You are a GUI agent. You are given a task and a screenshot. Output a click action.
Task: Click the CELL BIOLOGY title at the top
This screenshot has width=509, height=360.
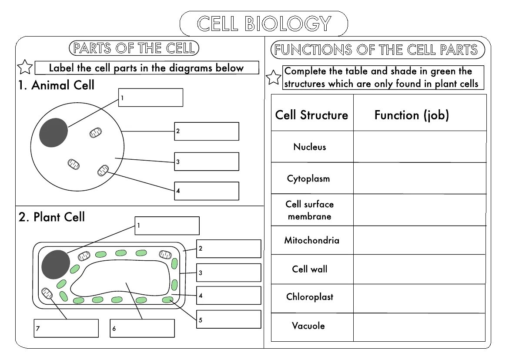(264, 24)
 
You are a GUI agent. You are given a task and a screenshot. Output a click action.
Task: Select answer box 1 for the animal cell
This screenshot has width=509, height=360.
(151, 98)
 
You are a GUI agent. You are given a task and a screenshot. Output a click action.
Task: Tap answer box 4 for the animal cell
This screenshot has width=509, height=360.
(207, 191)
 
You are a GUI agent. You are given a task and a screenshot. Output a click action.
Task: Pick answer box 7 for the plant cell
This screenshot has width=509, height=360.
(66, 328)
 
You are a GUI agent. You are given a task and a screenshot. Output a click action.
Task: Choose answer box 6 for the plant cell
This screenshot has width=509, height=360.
(142, 328)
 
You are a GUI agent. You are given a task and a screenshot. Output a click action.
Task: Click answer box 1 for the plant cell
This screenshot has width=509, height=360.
(167, 225)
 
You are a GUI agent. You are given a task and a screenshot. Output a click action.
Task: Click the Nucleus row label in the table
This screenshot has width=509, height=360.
(310, 147)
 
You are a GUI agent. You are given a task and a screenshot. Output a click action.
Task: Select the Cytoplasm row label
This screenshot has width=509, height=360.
(308, 178)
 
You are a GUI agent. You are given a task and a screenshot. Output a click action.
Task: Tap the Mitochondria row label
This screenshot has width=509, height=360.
(311, 240)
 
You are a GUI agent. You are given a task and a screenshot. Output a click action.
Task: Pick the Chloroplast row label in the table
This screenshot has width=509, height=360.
(310, 297)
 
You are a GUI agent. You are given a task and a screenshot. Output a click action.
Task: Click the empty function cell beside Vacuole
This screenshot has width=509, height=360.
(419, 327)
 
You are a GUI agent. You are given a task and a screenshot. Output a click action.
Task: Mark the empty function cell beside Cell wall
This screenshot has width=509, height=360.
(419, 269)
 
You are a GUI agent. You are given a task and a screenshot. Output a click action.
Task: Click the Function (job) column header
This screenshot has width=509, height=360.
(412, 115)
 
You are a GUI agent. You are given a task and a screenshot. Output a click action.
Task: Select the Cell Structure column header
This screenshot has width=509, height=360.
(311, 115)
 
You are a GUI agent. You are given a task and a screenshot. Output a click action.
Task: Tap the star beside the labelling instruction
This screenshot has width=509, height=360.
(25, 67)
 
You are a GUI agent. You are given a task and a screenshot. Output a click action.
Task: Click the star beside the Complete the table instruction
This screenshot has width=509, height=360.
(274, 77)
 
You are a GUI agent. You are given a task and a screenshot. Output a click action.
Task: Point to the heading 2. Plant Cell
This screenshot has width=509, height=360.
(52, 217)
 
